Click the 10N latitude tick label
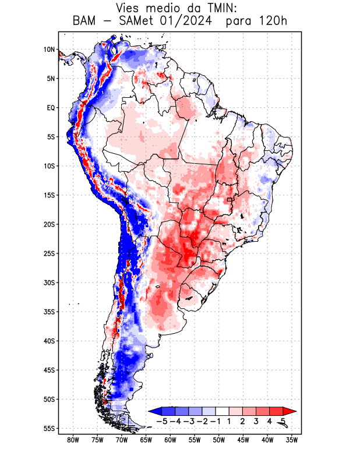(x=49, y=50)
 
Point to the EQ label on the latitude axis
(x=50, y=108)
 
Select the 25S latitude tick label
(x=49, y=253)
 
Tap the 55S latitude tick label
(x=49, y=428)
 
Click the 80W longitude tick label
(x=73, y=440)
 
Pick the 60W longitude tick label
(x=170, y=440)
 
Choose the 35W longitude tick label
(x=292, y=440)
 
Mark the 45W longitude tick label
(x=243, y=440)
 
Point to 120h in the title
(x=274, y=22)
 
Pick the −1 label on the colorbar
(x=216, y=421)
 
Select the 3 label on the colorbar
(x=256, y=421)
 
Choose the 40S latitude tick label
(x=49, y=341)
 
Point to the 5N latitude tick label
(x=50, y=79)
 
